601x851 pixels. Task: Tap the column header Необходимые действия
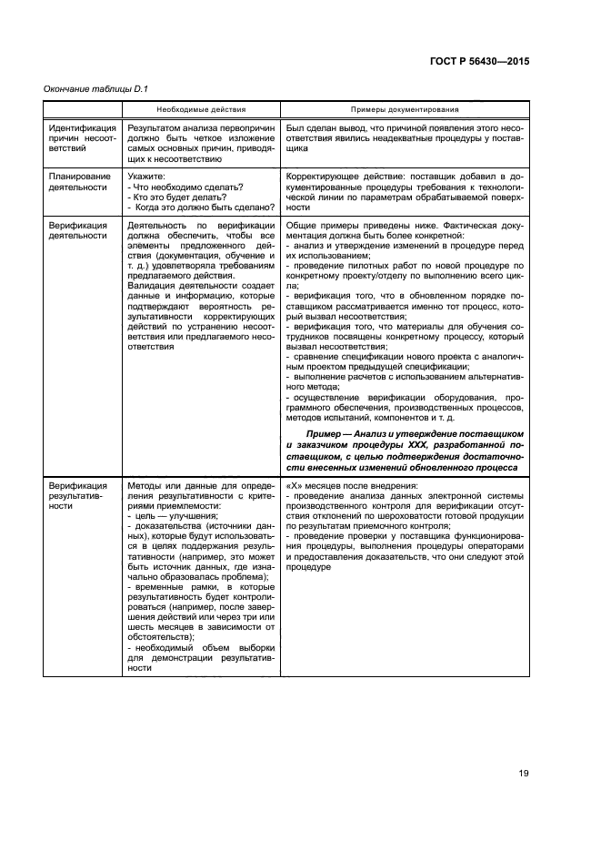coord(201,107)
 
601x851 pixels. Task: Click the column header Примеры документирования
coord(393,107)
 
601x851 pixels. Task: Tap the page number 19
coord(524,774)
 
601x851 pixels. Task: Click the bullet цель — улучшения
coord(170,515)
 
